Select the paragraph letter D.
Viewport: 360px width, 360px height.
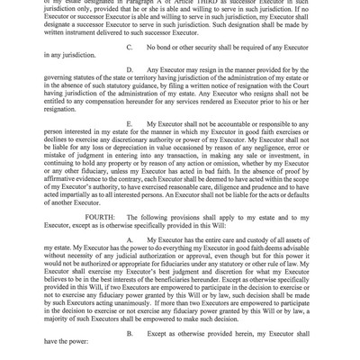pos(132,93)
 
